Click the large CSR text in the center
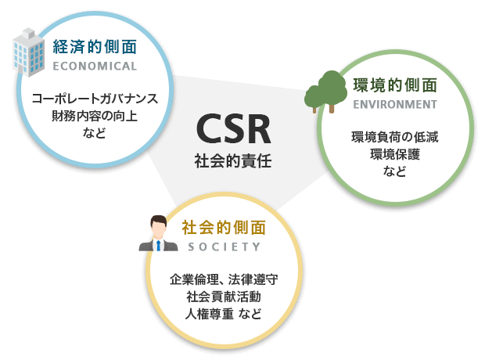(234, 129)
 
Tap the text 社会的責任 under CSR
(233, 161)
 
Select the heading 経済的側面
(95, 47)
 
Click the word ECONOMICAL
(95, 67)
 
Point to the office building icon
(28, 52)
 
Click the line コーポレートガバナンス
(95, 99)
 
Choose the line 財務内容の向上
(95, 116)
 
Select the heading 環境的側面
(395, 85)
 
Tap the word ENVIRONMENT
(395, 105)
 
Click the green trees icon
(325, 92)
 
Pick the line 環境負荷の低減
(395, 137)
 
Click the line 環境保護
(395, 154)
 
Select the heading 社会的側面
(224, 228)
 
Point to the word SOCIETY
(225, 247)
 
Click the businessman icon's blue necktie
(158, 246)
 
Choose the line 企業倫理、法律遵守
(224, 279)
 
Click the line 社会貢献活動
(224, 297)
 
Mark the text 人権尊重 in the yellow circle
(209, 314)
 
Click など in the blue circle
(95, 133)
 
